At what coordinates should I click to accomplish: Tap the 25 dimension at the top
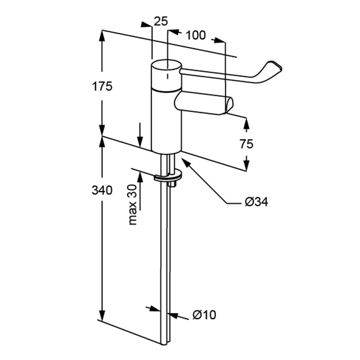pos(161,21)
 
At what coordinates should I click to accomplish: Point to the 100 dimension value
pos(196,35)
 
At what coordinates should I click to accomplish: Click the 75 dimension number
pos(246,144)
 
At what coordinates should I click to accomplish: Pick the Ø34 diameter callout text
pos(256,202)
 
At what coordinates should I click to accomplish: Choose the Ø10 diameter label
pos(204,315)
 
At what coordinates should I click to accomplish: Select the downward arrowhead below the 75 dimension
pos(247,166)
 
